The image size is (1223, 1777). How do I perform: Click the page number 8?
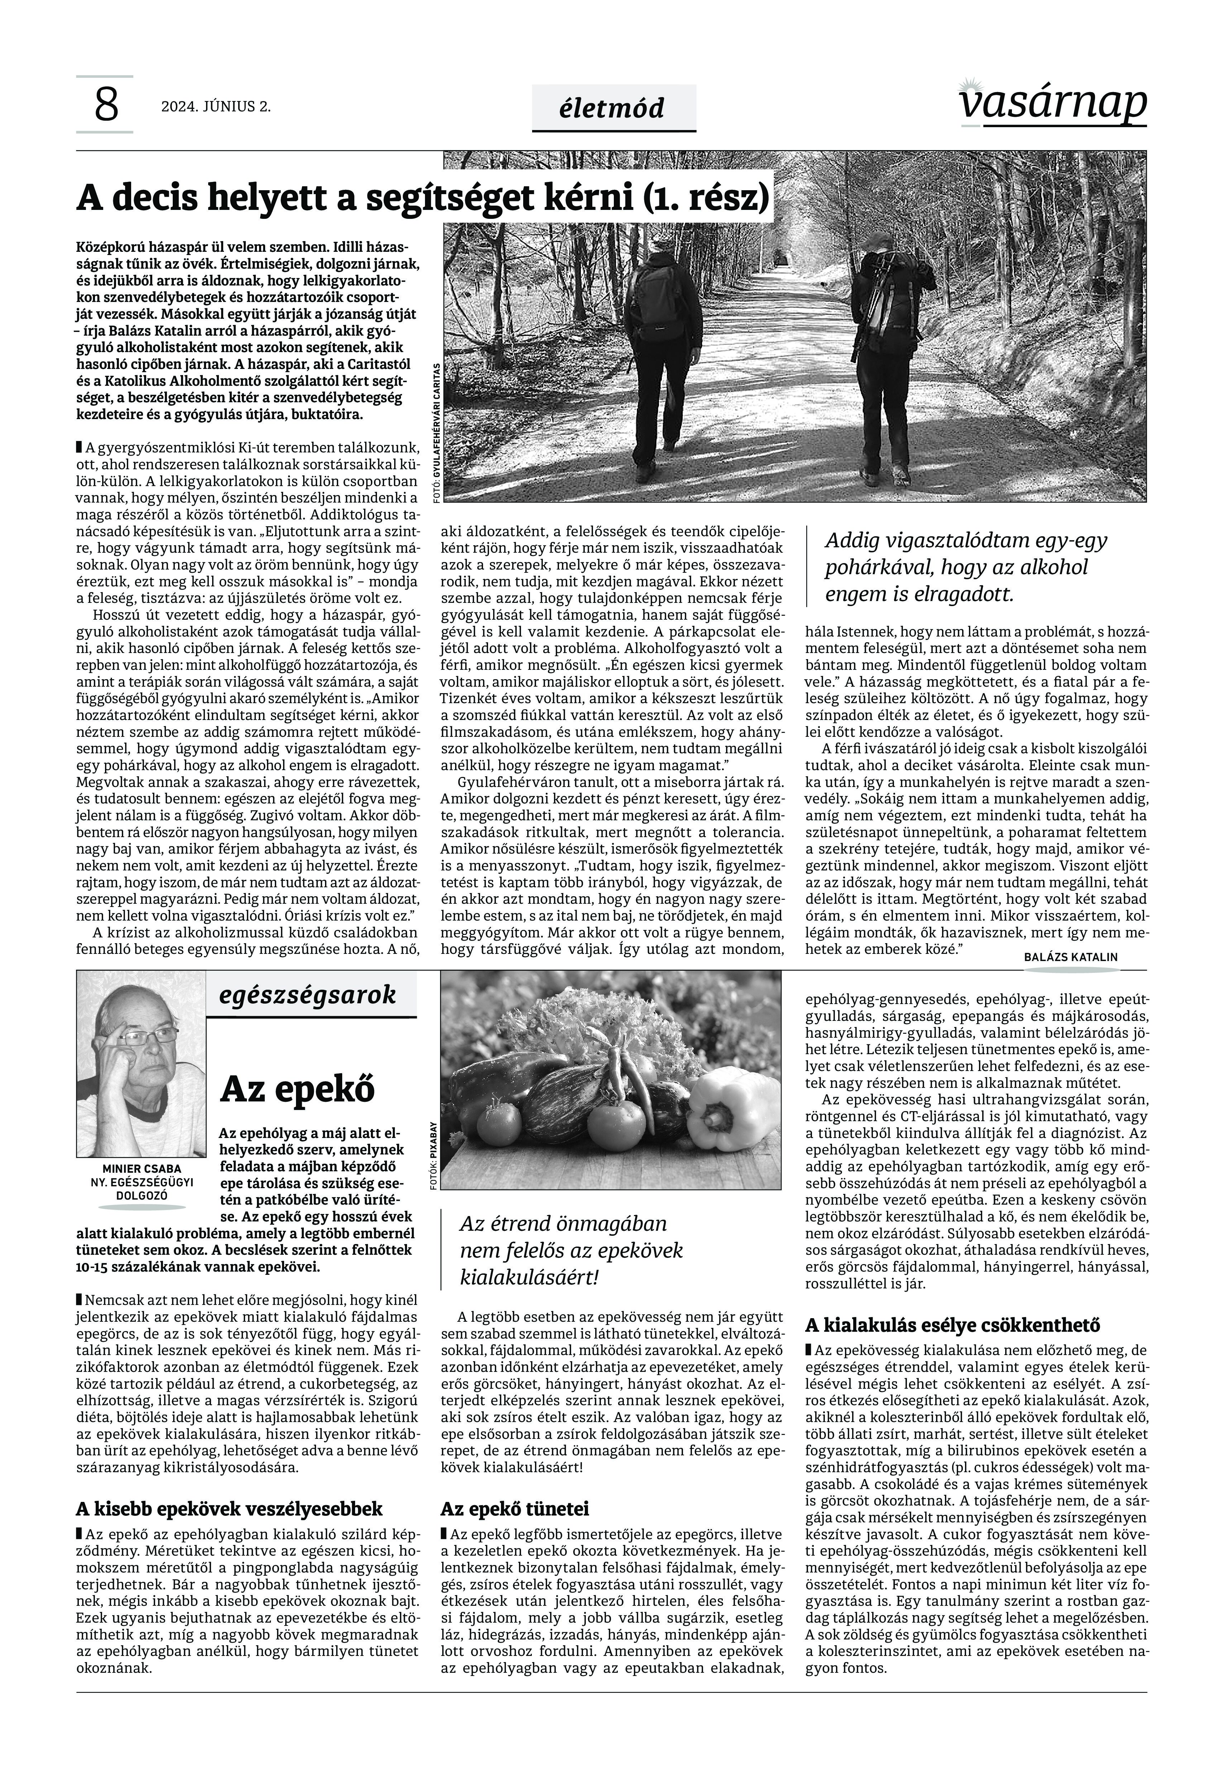106,106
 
